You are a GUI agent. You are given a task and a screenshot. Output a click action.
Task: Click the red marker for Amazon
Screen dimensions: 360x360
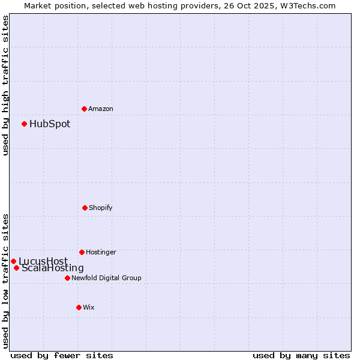[84, 109]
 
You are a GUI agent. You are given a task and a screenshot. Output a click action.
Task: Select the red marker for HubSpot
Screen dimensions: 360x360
[24, 124]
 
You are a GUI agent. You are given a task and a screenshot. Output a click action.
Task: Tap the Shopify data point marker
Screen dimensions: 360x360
[85, 208]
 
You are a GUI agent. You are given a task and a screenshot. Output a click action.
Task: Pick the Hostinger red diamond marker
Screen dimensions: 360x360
[82, 252]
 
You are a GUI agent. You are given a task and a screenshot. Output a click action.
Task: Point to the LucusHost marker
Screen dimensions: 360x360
[13, 261]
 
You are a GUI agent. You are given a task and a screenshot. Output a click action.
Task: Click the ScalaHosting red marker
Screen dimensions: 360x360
[16, 268]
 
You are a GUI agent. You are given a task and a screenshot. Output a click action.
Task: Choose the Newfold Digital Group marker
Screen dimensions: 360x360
[67, 278]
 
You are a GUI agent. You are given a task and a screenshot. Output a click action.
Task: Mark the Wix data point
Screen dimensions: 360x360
[79, 307]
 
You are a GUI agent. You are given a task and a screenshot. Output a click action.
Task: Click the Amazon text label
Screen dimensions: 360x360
[101, 109]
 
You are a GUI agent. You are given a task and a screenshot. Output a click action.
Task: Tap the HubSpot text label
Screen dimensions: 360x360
[50, 124]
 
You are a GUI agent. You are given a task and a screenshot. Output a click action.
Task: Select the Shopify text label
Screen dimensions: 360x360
[101, 208]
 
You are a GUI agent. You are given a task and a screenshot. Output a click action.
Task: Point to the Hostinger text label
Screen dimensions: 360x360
[101, 252]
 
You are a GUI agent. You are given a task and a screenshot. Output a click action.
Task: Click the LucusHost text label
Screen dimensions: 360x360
[43, 261]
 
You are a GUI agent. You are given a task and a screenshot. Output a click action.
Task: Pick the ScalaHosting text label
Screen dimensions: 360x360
[53, 268]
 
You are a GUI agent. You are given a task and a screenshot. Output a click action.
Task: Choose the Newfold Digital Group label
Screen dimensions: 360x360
[107, 278]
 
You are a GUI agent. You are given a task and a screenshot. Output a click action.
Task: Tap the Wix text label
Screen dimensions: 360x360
[89, 307]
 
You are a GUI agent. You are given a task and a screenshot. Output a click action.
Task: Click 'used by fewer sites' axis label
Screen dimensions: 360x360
[62, 355]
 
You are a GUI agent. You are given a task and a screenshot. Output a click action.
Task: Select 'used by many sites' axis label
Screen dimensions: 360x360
[301, 355]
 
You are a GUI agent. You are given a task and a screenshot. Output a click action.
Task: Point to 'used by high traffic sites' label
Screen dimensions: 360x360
[5, 85]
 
